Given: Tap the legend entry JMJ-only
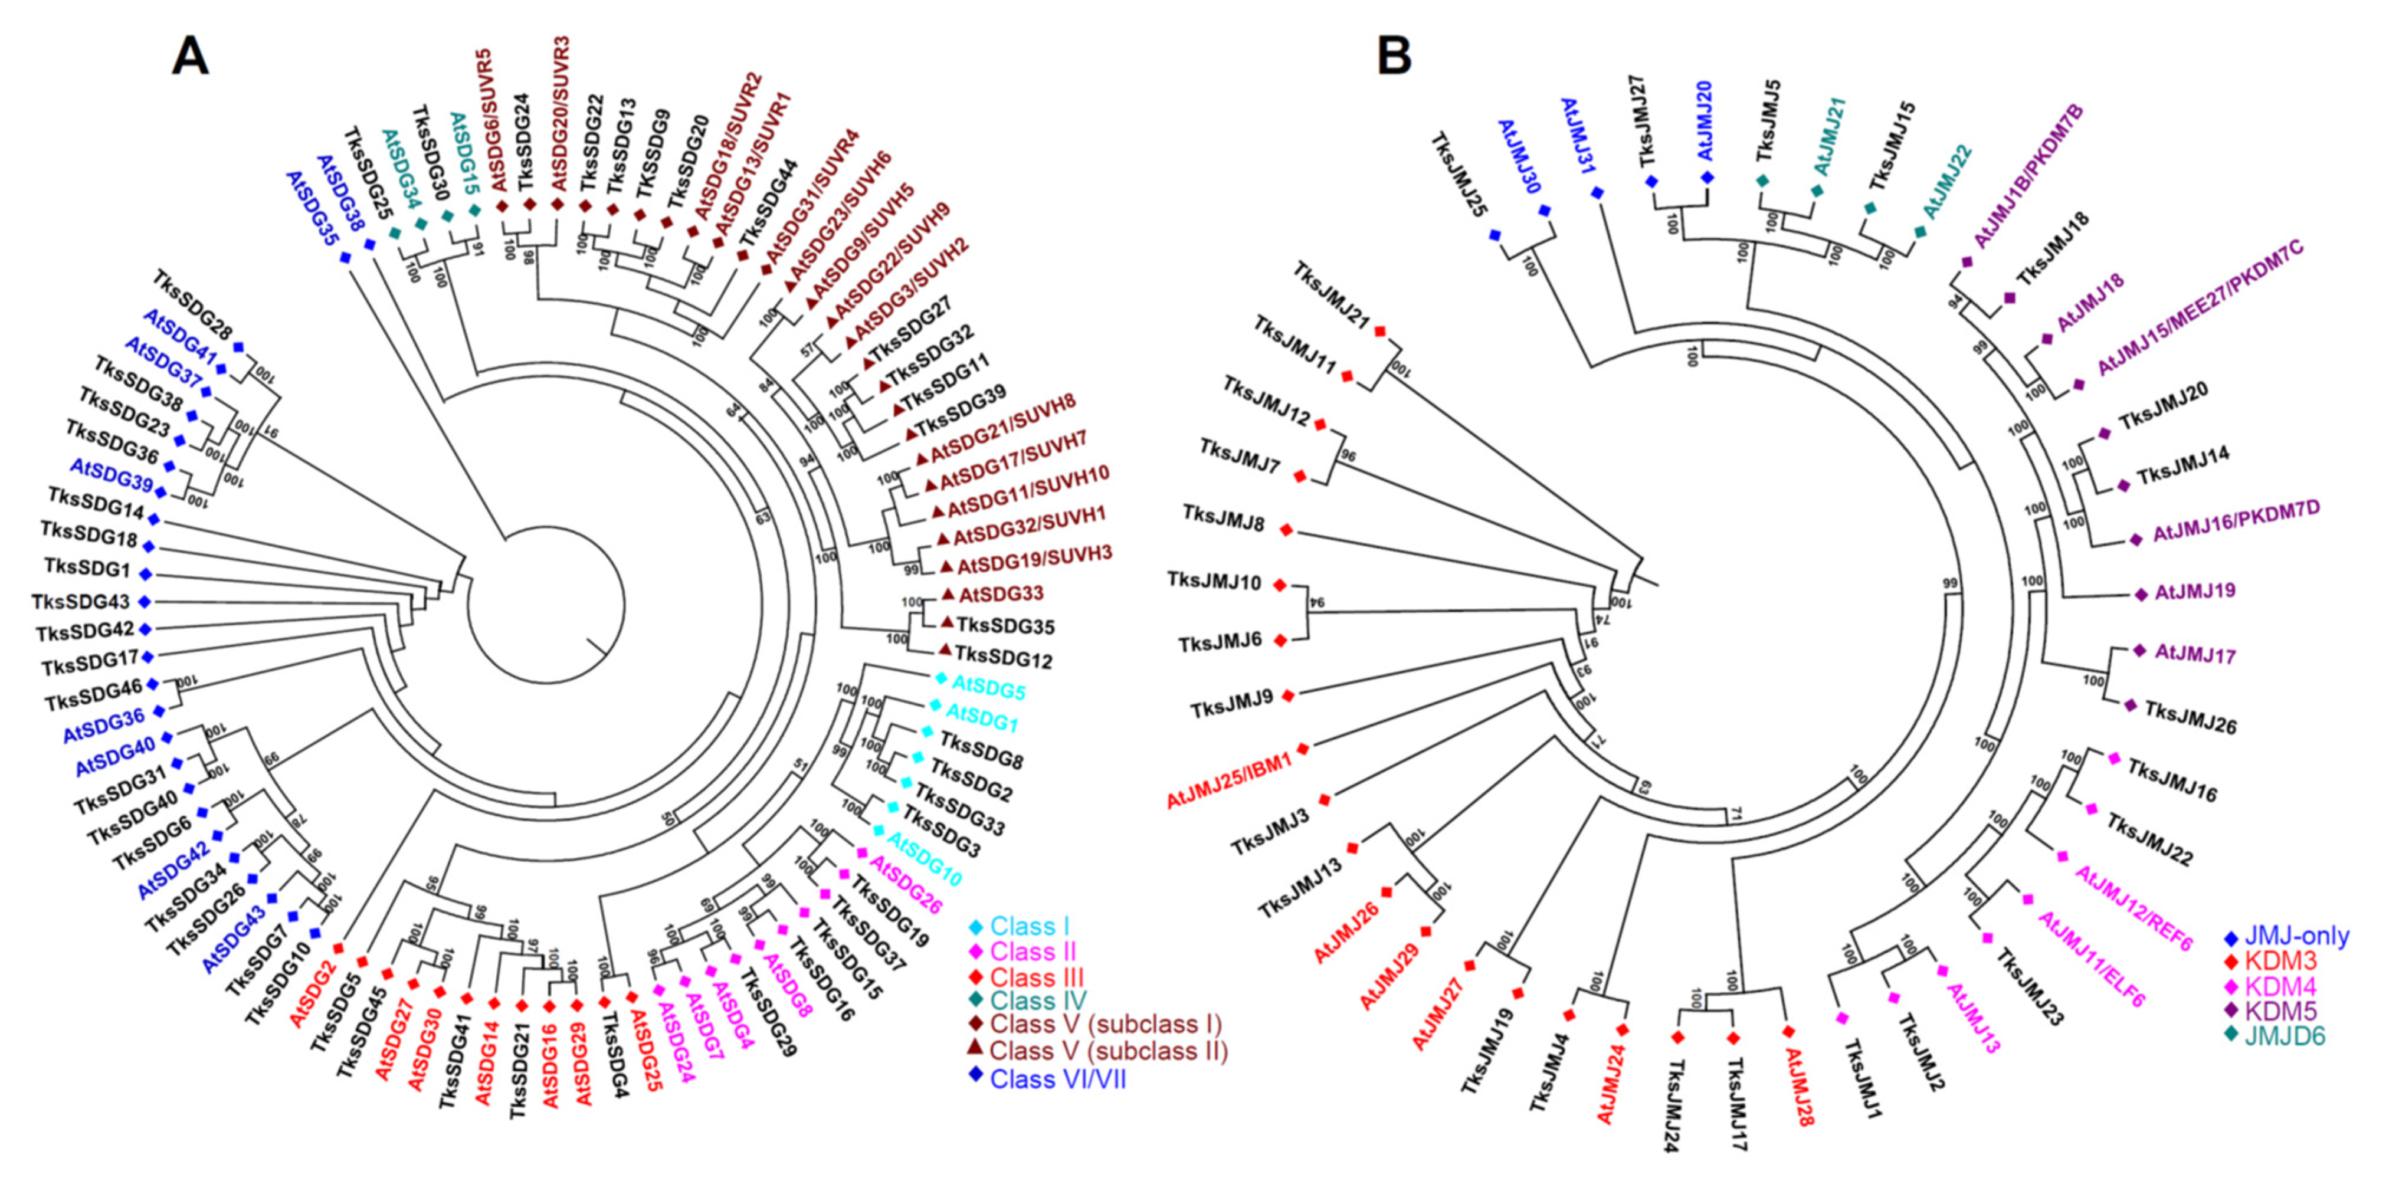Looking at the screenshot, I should [2296, 936].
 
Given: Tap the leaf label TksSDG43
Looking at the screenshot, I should [80, 602].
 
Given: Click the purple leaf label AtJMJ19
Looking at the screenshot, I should [2194, 591].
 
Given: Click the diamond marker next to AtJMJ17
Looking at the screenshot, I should [2139, 650].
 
